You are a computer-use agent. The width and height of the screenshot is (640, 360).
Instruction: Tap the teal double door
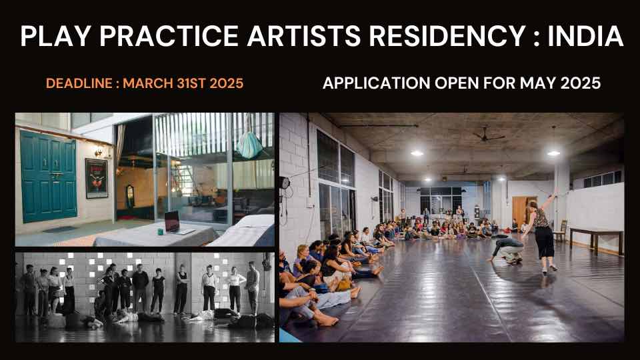click(x=48, y=175)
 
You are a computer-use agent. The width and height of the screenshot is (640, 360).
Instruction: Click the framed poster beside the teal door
click(x=97, y=178)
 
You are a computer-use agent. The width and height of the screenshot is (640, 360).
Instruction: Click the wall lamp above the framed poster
click(x=98, y=151)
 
